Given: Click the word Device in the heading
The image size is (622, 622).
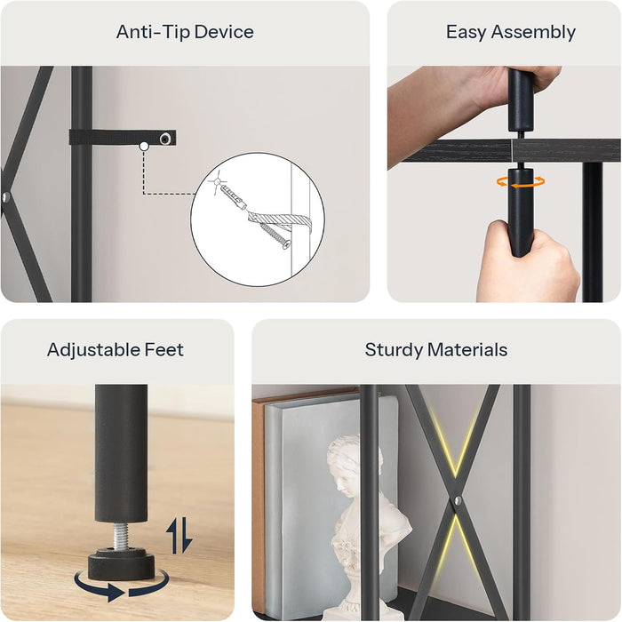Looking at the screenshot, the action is (x=224, y=32).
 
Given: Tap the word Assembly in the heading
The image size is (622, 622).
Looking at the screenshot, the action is (x=533, y=33).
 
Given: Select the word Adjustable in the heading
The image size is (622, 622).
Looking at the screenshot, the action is (x=93, y=350).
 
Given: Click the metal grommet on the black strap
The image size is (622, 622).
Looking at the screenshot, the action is (x=165, y=139).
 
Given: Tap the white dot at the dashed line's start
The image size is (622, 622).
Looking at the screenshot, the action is (x=144, y=147).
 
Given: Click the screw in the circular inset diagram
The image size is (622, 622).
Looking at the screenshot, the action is (x=275, y=236).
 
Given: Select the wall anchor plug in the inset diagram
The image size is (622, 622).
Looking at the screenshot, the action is (x=234, y=196).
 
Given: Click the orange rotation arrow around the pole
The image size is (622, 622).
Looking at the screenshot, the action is (x=520, y=182).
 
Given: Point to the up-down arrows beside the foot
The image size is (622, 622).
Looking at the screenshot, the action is (x=179, y=536).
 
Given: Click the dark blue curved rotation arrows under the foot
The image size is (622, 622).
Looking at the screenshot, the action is (x=121, y=588).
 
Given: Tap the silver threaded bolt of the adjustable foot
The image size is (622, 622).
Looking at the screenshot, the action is (x=121, y=536).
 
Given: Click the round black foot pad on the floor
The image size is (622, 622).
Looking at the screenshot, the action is (x=121, y=563).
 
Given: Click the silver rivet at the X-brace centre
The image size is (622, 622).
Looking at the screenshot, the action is (x=458, y=500).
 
